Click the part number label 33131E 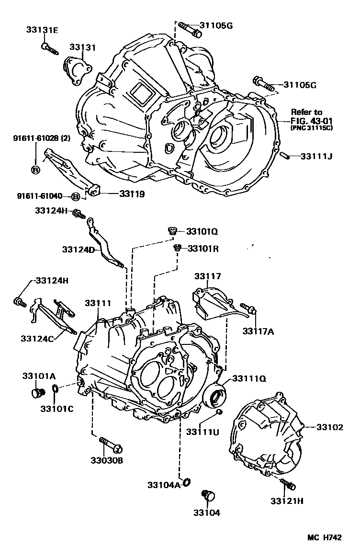tap(42, 30)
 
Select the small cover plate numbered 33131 tap(77, 70)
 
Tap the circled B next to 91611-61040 tap(75, 196)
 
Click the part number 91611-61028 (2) tap(41, 138)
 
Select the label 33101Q tap(202, 231)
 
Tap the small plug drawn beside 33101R tap(177, 248)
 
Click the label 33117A tap(258, 330)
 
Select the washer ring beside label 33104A tap(186, 481)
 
